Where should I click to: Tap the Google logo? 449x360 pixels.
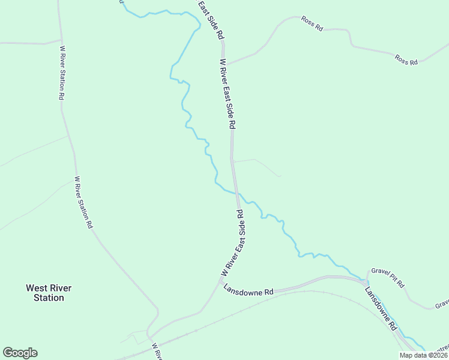coord(20,353)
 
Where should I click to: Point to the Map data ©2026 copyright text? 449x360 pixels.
coord(423,355)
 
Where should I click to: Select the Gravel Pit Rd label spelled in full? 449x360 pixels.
coord(388,277)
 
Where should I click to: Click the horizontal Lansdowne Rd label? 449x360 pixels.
coord(248,289)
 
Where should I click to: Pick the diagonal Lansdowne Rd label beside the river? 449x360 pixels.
coord(381,309)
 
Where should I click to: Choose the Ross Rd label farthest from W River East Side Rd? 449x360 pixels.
coord(406,59)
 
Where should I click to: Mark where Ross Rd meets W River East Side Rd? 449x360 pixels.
coord(226,64)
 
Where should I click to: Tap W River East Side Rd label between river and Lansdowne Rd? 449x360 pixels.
coord(235,243)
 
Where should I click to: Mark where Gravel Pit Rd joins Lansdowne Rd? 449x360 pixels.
coord(367,279)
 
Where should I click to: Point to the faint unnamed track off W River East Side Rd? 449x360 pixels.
coord(258,162)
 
